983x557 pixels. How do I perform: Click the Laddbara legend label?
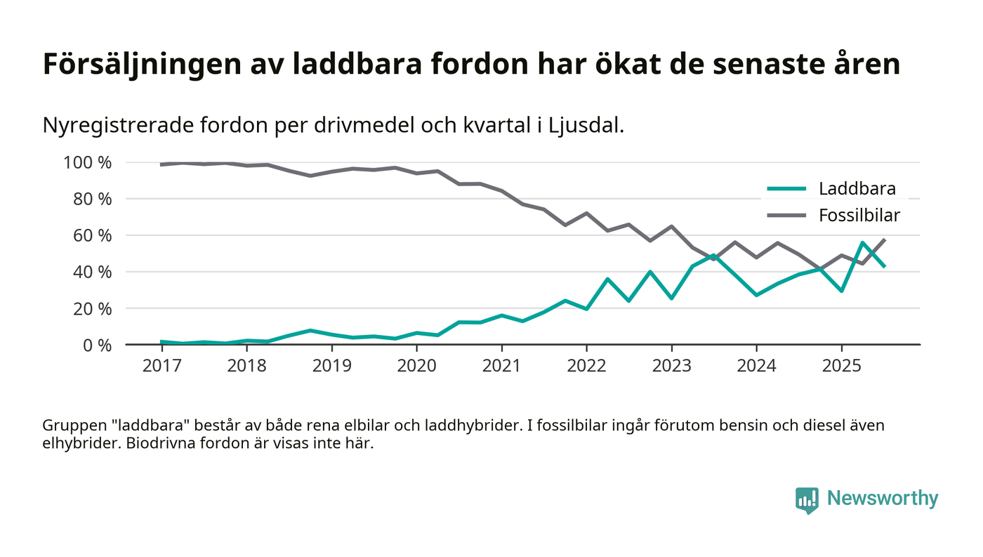pyautogui.click(x=857, y=188)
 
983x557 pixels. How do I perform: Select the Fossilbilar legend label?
pyautogui.click(x=859, y=216)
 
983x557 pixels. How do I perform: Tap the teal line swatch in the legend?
pyautogui.click(x=786, y=188)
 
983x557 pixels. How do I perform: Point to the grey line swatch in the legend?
pyautogui.click(x=786, y=216)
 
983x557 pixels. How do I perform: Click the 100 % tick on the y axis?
pyautogui.click(x=87, y=163)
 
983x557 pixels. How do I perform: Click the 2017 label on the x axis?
pyautogui.click(x=161, y=367)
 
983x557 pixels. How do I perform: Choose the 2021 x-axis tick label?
pyautogui.click(x=501, y=367)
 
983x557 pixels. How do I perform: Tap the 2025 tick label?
pyautogui.click(x=841, y=367)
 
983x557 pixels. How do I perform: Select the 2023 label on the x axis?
pyautogui.click(x=671, y=367)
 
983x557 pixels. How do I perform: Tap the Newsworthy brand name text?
pyautogui.click(x=882, y=499)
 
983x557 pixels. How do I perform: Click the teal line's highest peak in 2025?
pyautogui.click(x=862, y=243)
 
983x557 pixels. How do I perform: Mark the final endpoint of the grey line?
pyautogui.click(x=885, y=240)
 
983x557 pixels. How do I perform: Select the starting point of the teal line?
pyautogui.click(x=161, y=341)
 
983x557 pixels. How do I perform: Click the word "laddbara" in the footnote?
pyautogui.click(x=157, y=426)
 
